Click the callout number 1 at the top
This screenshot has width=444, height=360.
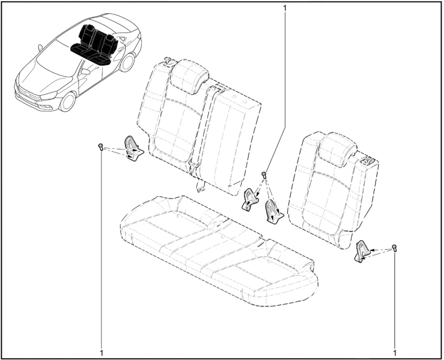285,8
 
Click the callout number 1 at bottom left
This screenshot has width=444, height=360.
101,353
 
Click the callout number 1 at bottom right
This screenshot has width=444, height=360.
395,353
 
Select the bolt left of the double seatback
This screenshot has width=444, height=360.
100,147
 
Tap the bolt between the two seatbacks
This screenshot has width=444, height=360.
264,175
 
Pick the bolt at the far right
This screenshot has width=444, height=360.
394,247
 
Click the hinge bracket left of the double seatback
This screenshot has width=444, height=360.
133,148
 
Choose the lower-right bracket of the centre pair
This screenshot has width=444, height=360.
273,211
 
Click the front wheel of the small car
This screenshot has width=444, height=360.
68,102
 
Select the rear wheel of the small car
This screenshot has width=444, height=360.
127,62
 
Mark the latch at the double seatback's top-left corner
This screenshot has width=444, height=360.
168,61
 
